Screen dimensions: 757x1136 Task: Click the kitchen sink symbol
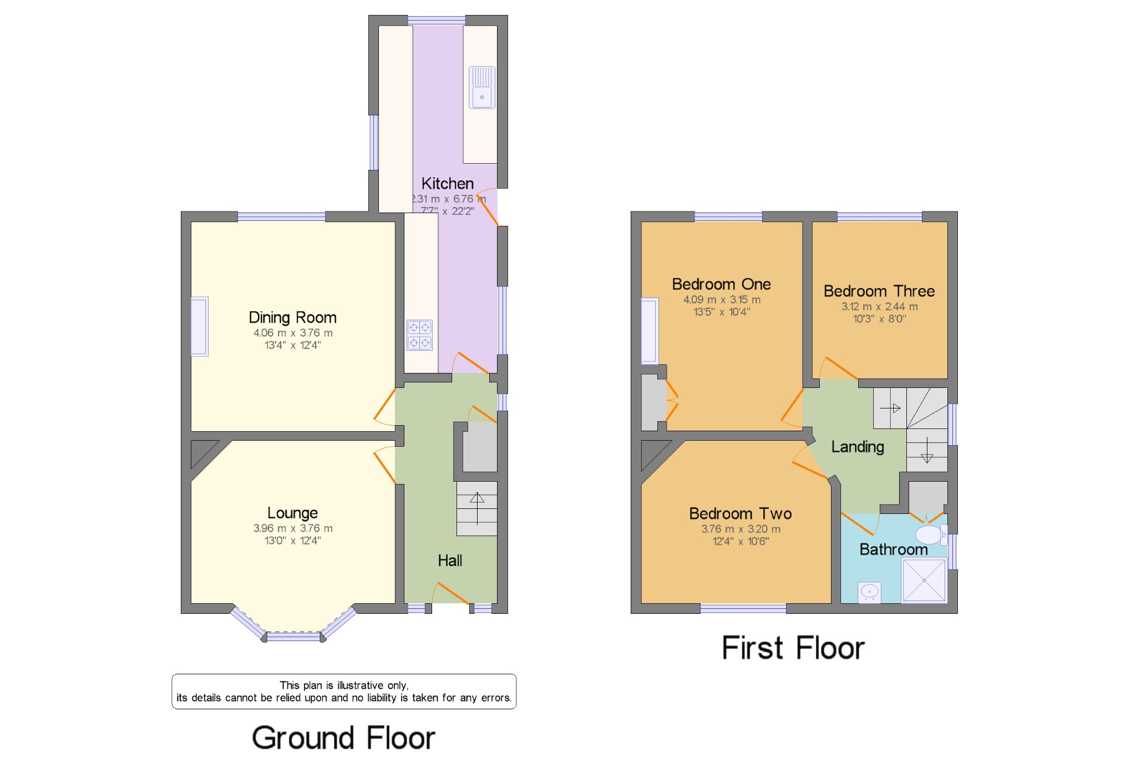tap(481, 88)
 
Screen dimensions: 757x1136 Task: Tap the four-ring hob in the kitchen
tap(419, 335)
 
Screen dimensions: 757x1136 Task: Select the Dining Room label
tap(292, 317)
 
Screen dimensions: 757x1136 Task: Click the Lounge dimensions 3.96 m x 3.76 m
tap(293, 528)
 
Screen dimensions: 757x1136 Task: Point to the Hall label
tap(449, 561)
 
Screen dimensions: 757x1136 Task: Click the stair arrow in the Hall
tap(477, 508)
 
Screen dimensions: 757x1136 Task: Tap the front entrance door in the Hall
tap(450, 593)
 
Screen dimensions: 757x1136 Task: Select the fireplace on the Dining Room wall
tap(200, 326)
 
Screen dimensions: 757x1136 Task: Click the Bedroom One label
tap(721, 284)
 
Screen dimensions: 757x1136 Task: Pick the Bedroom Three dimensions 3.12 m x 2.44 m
tap(879, 306)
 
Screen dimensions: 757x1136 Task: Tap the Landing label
tap(858, 447)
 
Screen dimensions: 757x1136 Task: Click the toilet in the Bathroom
tap(930, 535)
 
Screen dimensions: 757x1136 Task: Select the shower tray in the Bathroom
tap(924, 580)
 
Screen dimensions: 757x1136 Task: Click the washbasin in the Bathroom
tap(869, 592)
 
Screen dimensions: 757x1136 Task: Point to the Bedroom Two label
tap(740, 513)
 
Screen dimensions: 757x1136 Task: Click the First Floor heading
tap(793, 648)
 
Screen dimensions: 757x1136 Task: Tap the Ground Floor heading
tap(343, 738)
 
